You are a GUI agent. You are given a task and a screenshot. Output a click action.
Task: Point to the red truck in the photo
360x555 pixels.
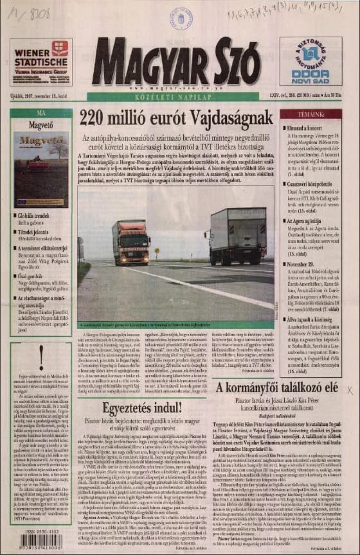131,242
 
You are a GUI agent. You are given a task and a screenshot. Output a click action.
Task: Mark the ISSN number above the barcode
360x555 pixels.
41,530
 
